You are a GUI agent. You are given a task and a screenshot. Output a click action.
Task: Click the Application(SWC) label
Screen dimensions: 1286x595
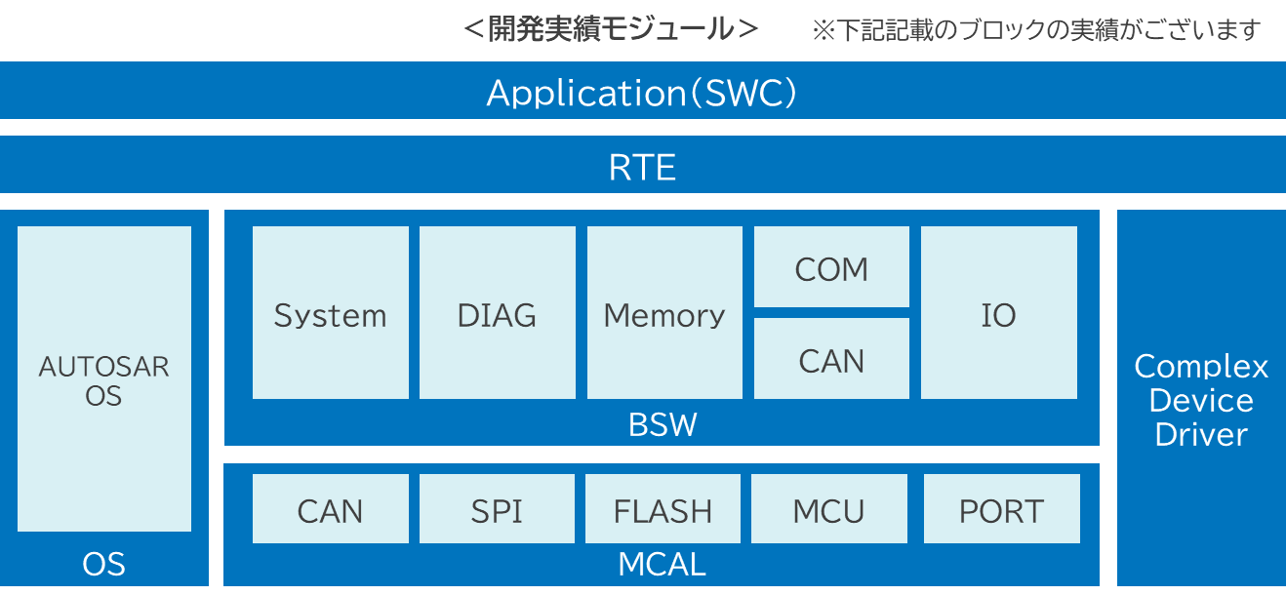click(x=641, y=93)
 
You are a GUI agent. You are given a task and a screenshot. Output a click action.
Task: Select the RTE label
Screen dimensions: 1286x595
click(x=642, y=167)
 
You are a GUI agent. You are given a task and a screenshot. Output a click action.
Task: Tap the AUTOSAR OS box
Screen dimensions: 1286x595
click(x=103, y=378)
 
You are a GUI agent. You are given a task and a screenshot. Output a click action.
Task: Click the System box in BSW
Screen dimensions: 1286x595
click(x=330, y=312)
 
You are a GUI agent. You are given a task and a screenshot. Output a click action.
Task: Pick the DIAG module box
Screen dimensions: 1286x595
click(x=498, y=312)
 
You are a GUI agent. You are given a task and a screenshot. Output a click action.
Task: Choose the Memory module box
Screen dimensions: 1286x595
click(x=664, y=312)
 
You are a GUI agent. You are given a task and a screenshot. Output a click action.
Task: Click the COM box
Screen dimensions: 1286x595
click(x=831, y=267)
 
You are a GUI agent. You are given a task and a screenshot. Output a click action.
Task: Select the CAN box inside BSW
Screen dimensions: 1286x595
click(x=831, y=359)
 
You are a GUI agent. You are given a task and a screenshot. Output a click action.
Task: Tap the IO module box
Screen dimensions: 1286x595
click(x=999, y=312)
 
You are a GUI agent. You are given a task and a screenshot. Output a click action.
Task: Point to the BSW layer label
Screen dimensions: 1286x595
click(x=663, y=424)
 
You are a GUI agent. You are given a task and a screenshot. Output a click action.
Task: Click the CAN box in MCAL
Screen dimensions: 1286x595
click(x=330, y=508)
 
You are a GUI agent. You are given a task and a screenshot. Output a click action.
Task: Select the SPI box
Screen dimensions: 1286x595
click(x=497, y=508)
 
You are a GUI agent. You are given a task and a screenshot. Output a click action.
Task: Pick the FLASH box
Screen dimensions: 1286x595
click(x=663, y=508)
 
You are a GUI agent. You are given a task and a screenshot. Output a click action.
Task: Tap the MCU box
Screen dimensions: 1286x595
click(x=829, y=508)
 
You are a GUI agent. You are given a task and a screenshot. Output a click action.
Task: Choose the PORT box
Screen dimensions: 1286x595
click(x=1002, y=508)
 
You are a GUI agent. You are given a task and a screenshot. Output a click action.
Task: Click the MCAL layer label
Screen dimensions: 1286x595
click(x=662, y=564)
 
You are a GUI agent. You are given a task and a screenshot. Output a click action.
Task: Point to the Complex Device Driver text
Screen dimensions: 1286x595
click(x=1201, y=400)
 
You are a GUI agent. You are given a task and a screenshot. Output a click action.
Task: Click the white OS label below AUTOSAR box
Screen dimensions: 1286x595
click(x=103, y=564)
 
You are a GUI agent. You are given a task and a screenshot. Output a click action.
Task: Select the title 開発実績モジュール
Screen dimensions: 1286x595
click(x=611, y=28)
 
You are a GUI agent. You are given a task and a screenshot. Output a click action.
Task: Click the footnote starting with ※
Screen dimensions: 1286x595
click(x=1036, y=30)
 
